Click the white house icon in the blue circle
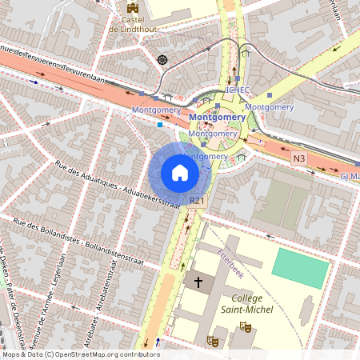pos(180,172)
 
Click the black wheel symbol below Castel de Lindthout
pos(162,59)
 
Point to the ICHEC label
pos(238,90)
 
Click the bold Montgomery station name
pos(217,118)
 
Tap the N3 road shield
pos(299,158)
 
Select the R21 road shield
pos(198,200)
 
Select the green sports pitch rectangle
pos(301,267)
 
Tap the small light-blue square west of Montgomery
pos(160,125)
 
